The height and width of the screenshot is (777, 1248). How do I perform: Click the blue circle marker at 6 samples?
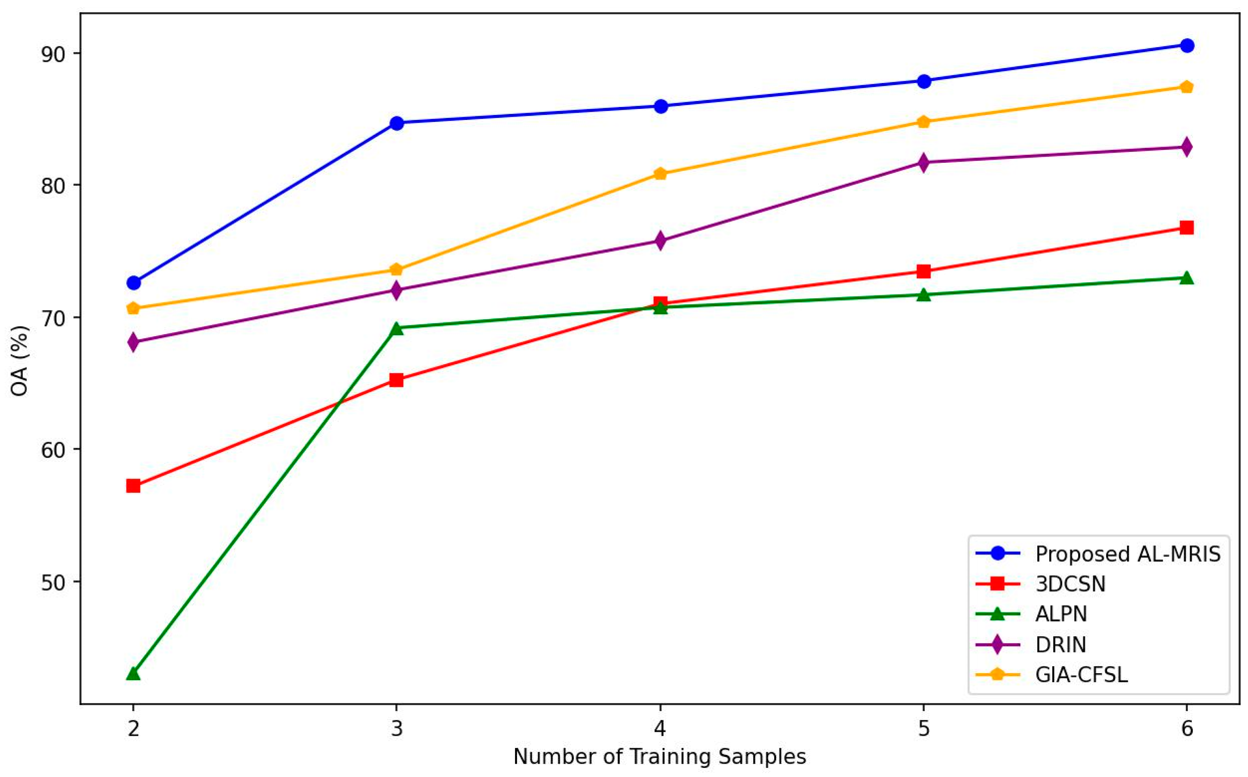(x=1187, y=45)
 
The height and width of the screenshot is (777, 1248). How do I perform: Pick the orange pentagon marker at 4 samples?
(x=660, y=174)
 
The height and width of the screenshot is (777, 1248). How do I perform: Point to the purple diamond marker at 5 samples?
(x=924, y=162)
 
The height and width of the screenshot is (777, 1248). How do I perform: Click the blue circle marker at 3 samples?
(x=397, y=123)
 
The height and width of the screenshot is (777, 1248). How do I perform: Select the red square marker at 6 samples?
(x=1187, y=228)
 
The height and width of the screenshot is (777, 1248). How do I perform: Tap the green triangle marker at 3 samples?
(x=397, y=328)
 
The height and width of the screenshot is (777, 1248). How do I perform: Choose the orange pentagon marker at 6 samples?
(x=1187, y=87)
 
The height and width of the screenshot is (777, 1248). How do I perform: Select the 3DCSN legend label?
(x=1070, y=584)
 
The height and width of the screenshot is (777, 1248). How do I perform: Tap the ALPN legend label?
(x=1061, y=614)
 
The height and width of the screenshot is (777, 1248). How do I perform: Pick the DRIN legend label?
(x=1060, y=644)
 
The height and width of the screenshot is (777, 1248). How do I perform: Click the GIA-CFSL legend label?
(x=1082, y=675)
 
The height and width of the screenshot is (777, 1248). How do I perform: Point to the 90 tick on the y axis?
(x=54, y=53)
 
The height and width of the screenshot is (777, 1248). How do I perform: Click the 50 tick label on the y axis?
(x=54, y=581)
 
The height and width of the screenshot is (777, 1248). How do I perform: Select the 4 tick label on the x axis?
(x=660, y=729)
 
